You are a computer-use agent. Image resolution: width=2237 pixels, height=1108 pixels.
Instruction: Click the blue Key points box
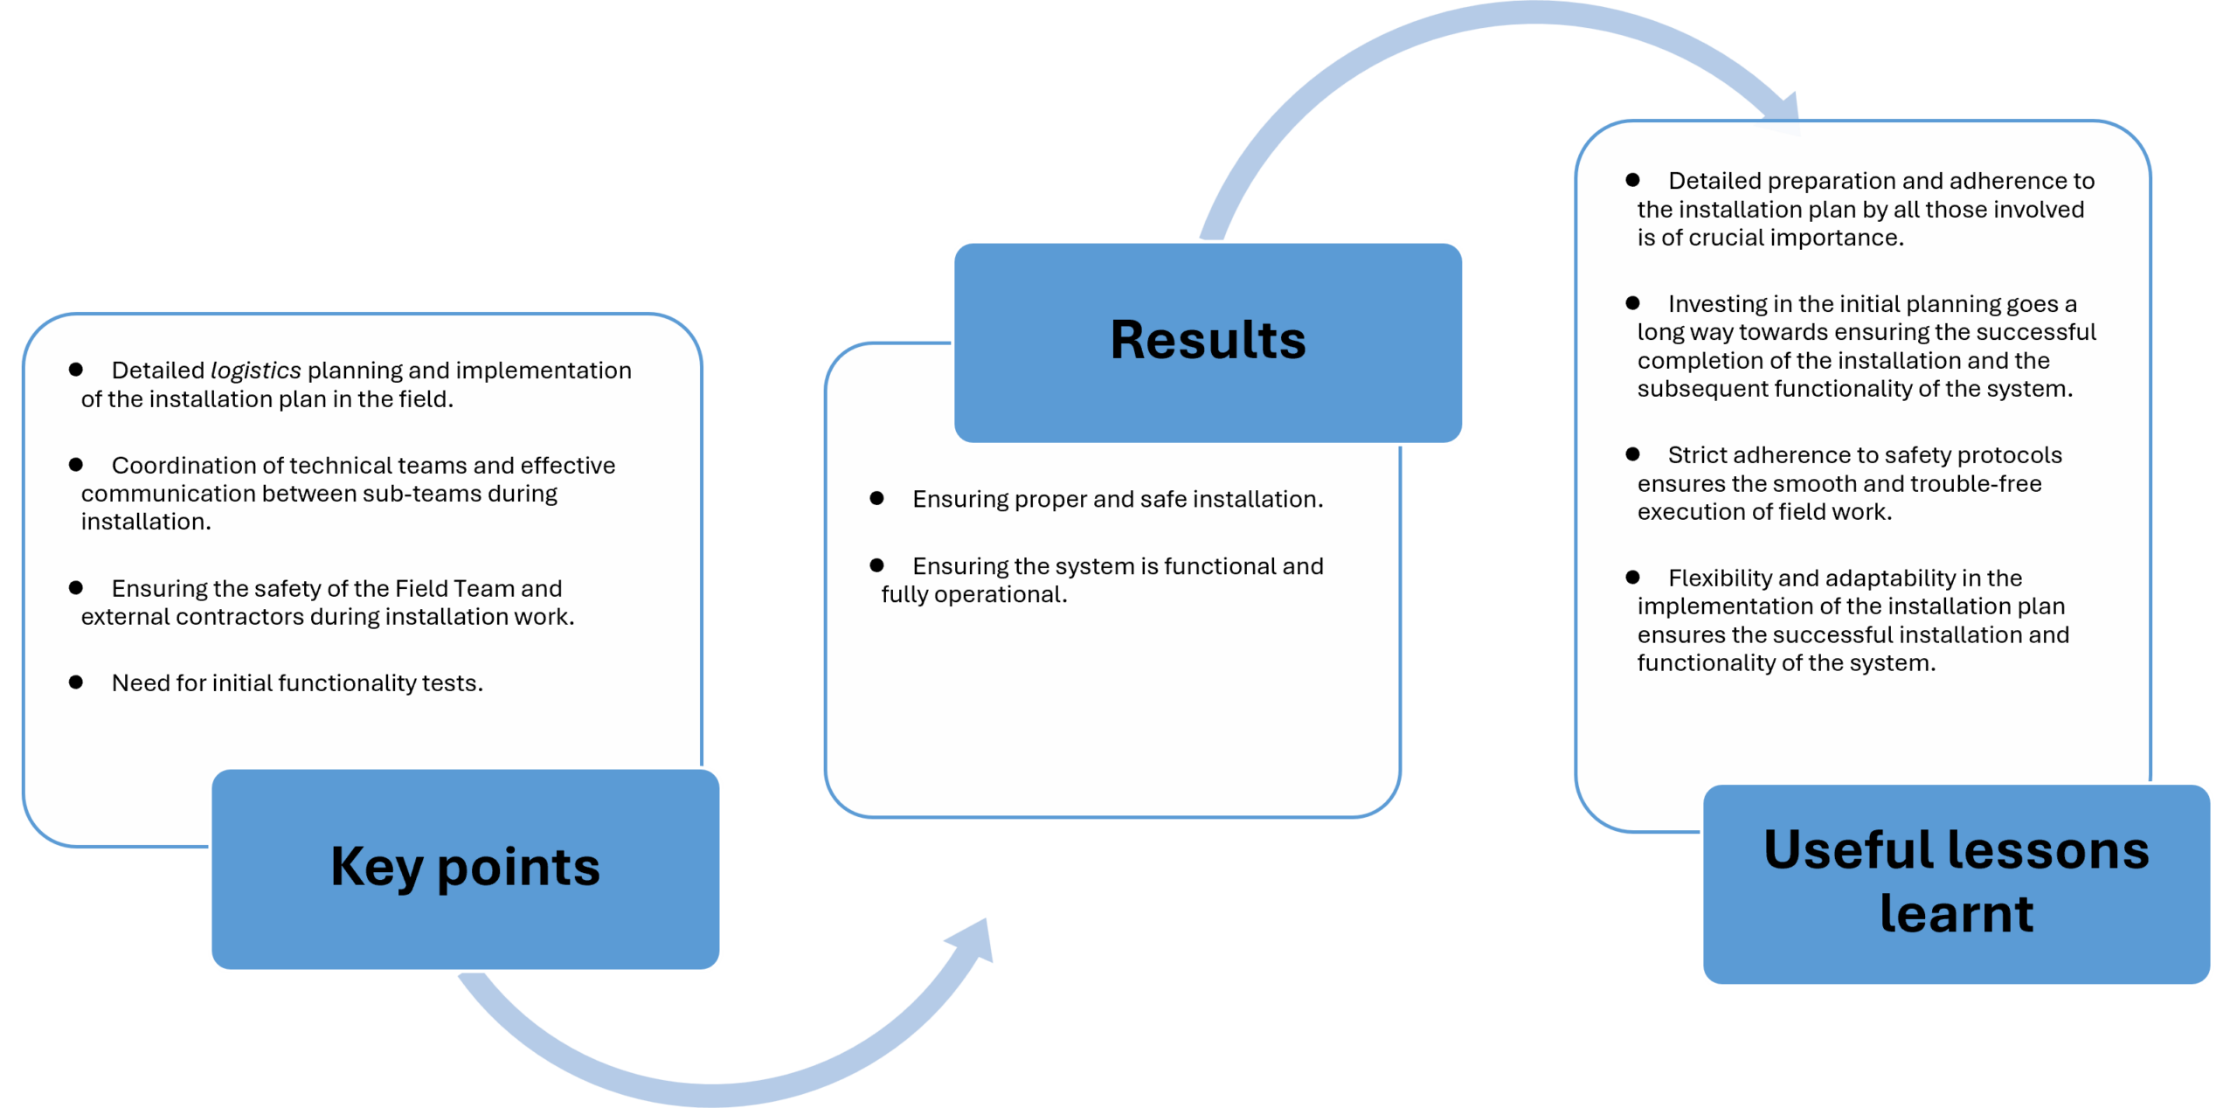coord(465,869)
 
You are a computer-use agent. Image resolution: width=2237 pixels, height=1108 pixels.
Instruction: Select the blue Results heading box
coord(1208,343)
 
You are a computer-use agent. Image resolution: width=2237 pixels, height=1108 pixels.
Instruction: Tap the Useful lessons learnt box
coord(1957,883)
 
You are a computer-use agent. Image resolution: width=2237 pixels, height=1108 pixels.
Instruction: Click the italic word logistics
coord(255,370)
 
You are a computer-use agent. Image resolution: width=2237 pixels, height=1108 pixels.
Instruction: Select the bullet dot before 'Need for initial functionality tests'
coord(76,682)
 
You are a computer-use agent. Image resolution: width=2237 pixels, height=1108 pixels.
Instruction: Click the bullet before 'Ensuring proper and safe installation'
coord(876,498)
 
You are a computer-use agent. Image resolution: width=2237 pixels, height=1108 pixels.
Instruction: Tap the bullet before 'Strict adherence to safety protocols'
coord(1632,454)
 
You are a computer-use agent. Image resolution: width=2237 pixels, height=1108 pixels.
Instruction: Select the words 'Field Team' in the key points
coord(454,588)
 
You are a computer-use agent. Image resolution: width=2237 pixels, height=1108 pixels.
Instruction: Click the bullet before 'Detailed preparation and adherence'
coord(1632,179)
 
